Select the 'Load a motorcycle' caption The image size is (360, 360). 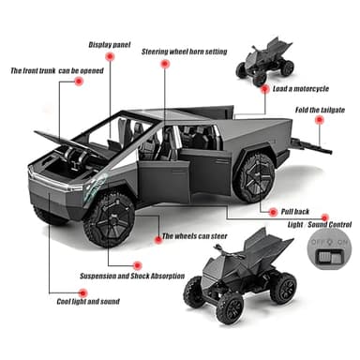(301, 90)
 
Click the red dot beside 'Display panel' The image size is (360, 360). (112, 57)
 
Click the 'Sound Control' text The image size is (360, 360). (327, 226)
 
